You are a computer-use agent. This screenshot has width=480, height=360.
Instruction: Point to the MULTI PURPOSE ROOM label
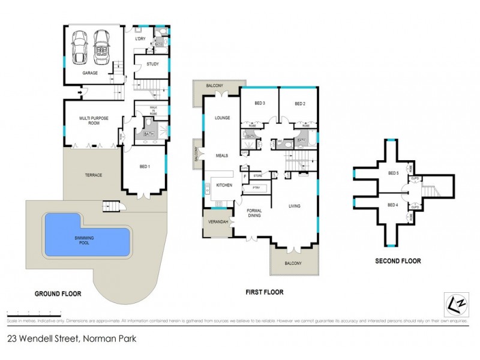(94, 121)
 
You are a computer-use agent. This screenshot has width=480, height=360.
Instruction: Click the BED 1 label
(145, 166)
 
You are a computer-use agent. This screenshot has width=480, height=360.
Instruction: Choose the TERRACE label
(93, 175)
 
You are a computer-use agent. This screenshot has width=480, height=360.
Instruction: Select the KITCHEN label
(224, 185)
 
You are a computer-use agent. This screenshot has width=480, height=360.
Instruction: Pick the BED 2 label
(300, 104)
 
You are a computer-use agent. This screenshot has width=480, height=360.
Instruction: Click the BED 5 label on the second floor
(393, 173)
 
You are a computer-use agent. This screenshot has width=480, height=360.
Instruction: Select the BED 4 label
(393, 205)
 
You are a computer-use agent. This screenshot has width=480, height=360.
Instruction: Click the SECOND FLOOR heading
(398, 261)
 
